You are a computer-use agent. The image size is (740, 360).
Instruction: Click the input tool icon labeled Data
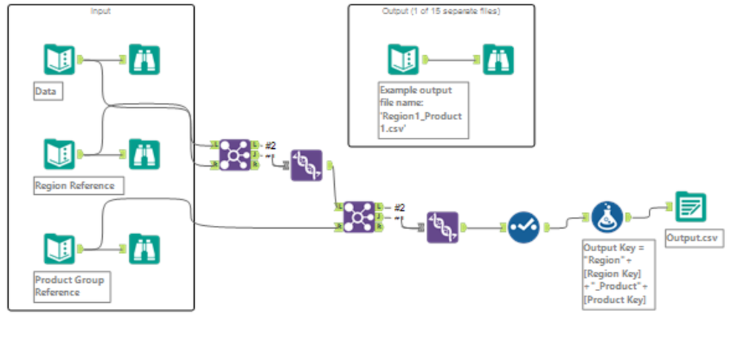59,59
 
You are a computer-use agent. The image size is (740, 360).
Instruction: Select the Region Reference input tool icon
59,153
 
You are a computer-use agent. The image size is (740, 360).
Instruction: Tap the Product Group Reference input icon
59,249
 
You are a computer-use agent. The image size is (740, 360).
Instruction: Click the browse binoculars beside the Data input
144,59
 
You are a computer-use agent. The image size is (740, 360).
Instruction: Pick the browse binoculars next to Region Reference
144,153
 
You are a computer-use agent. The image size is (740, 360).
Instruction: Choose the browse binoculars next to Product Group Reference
144,249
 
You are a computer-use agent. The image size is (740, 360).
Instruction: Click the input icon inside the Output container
404,59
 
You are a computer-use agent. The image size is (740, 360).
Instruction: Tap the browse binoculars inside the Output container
499,59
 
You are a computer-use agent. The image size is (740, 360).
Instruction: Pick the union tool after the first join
306,165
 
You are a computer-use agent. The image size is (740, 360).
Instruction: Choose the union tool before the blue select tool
443,227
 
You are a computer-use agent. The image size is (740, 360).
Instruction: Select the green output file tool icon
690,207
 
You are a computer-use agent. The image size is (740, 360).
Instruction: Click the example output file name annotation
423,109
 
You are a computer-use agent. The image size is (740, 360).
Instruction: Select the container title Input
100,11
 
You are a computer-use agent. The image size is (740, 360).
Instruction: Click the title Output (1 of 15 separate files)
441,11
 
